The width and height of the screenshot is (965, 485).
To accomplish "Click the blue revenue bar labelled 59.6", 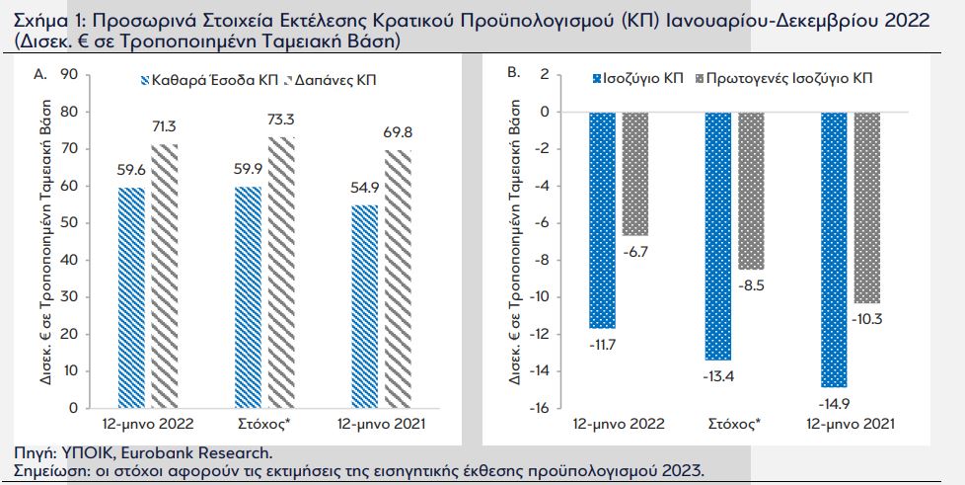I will coord(131,296).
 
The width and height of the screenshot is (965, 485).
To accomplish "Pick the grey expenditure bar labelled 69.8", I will coord(398,278).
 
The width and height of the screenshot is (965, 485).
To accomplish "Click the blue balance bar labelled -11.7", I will coord(602,219).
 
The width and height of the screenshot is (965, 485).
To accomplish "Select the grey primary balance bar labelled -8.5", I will coord(752,191).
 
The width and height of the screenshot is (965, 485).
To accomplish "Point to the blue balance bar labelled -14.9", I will coord(834,249).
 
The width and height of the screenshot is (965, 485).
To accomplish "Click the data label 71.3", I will coord(165,125).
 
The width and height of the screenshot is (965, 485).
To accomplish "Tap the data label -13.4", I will coord(717,374).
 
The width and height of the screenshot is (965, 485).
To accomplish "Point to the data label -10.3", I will coord(867,318).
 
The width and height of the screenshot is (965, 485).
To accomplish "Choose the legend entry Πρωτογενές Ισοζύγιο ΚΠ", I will coord(785,77).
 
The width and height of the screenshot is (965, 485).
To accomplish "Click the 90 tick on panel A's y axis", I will coord(69,74).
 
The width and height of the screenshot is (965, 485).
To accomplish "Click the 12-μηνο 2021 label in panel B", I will coord(850,424).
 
